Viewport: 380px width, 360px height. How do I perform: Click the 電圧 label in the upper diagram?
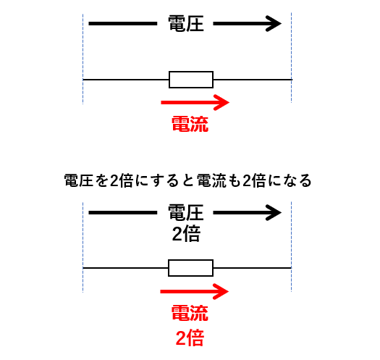pyautogui.click(x=186, y=23)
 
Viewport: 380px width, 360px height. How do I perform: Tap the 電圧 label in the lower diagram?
pyautogui.click(x=186, y=212)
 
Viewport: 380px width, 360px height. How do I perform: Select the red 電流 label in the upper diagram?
pyautogui.click(x=190, y=124)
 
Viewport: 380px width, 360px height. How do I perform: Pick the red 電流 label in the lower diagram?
pyautogui.click(x=190, y=313)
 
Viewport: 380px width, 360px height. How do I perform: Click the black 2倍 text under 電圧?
pyautogui.click(x=186, y=234)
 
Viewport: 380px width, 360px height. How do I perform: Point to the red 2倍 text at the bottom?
pyautogui.click(x=190, y=338)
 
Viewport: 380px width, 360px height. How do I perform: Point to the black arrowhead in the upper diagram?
pyautogui.click(x=274, y=23)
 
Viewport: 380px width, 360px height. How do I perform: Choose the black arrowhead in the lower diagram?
pyautogui.click(x=274, y=212)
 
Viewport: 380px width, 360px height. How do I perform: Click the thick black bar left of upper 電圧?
pyautogui.click(x=123, y=23)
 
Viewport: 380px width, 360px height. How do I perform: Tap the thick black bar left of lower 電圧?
pyautogui.click(x=123, y=212)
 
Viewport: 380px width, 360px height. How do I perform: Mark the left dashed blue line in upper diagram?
pyautogui.click(x=83, y=59)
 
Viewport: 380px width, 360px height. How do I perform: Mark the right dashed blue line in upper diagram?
pyautogui.click(x=291, y=58)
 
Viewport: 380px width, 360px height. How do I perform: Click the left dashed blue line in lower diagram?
pyautogui.click(x=83, y=248)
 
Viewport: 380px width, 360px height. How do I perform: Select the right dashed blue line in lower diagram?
pyautogui.click(x=291, y=246)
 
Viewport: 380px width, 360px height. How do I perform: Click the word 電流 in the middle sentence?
pyautogui.click(x=211, y=181)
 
